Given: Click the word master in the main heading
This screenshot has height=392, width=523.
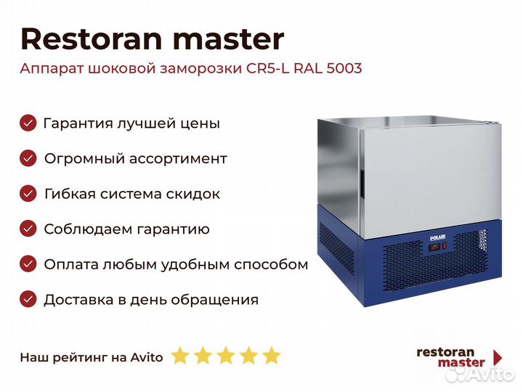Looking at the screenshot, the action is [229, 40].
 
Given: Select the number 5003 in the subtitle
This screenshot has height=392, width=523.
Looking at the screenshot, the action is [344, 68].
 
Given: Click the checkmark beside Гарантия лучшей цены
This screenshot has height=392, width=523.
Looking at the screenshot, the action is [28, 123].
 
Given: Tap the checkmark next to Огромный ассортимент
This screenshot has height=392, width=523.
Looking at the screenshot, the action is [28, 158].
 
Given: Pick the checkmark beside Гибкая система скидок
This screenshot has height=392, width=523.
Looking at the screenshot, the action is [28, 194].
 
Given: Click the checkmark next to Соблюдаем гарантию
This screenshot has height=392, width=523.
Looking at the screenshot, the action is [28, 229].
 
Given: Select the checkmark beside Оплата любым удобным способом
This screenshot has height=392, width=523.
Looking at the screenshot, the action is [28, 264].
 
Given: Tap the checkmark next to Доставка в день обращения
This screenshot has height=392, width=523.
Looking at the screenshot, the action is [28, 299].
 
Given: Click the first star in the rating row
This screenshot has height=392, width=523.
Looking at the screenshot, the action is [180, 356].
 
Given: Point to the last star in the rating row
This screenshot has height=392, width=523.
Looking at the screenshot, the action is [272, 356].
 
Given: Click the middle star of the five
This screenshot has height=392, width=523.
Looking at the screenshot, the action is [226, 356].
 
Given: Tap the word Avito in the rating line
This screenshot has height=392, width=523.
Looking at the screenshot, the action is [147, 357].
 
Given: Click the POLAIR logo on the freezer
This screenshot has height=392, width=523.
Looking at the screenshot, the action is [437, 237].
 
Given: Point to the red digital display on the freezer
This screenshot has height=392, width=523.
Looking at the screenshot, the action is [434, 248].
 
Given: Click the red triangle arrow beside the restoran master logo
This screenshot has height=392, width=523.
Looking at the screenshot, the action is [498, 358].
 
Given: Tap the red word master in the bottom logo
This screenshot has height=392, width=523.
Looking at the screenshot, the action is [461, 362].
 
